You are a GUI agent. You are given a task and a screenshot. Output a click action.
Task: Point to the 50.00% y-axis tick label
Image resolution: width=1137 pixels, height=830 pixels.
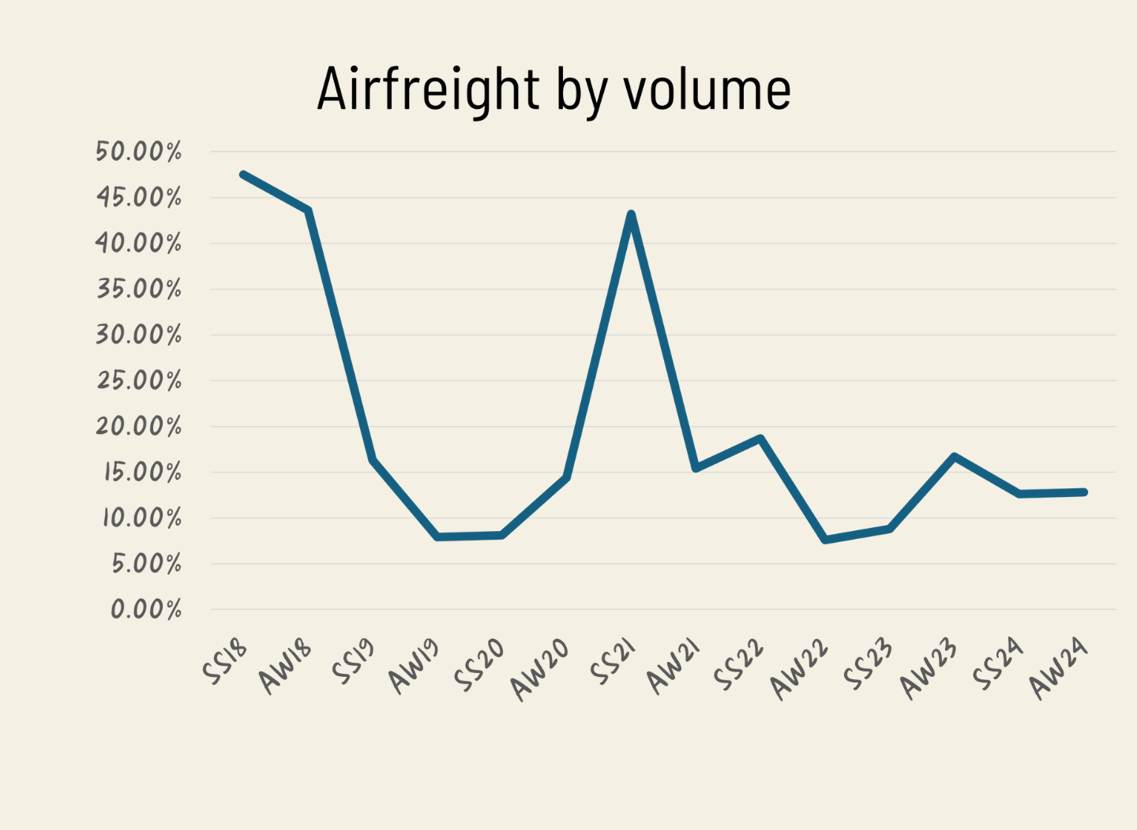[139, 151]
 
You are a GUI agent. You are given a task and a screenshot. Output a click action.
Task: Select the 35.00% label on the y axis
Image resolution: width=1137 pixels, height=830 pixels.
[139, 289]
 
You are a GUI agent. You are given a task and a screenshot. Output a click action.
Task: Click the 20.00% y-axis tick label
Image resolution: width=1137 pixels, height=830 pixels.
[139, 427]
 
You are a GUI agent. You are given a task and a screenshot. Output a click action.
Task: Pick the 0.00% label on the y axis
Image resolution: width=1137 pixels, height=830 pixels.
[146, 609]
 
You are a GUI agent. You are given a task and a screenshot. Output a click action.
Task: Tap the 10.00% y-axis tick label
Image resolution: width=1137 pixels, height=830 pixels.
[141, 518]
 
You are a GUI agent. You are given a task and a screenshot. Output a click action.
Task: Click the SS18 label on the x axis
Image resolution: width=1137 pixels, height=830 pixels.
[225, 661]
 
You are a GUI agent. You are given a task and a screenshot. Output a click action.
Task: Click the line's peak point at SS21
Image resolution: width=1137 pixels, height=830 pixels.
[631, 215]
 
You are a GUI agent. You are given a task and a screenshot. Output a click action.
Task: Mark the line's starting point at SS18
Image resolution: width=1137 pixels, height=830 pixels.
[243, 174]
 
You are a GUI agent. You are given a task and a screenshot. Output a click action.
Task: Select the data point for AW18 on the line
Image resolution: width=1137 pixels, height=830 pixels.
[308, 210]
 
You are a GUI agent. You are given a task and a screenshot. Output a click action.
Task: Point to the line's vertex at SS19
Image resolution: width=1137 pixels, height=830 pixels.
[373, 459]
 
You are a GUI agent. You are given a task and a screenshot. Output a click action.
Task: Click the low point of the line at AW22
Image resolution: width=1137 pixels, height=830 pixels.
[825, 540]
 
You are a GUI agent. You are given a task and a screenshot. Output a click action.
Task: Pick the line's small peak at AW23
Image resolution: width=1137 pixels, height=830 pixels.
[955, 456]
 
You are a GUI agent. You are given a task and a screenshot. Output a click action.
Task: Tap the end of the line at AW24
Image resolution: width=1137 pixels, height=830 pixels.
[1083, 492]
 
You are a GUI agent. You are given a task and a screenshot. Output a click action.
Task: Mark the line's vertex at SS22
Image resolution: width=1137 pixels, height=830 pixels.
[760, 438]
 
